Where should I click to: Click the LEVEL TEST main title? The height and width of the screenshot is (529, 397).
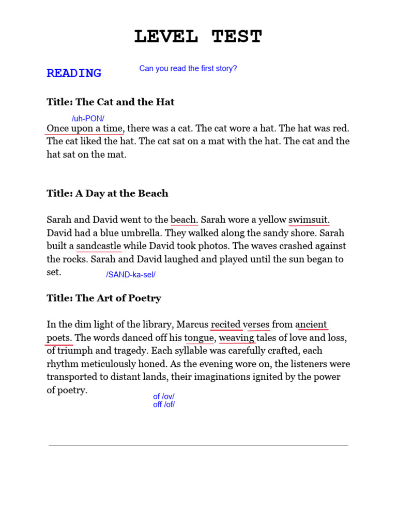click(198, 37)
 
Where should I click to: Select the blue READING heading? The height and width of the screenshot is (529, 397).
click(74, 73)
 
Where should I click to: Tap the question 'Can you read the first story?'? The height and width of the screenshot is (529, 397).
click(188, 68)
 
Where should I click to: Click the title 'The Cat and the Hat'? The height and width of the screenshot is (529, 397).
click(110, 102)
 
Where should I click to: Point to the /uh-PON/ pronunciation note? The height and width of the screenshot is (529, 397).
click(88, 118)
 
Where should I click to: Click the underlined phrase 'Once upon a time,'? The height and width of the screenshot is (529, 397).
click(85, 128)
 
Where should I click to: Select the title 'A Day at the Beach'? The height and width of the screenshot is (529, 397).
click(107, 193)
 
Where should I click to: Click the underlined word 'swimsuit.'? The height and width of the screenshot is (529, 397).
click(309, 220)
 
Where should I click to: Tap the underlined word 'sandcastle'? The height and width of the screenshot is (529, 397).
click(99, 246)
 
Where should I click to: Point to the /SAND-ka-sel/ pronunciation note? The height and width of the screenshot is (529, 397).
click(131, 275)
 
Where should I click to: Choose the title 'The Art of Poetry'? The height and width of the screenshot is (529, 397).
click(104, 298)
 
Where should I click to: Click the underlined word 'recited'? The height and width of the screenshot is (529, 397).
click(226, 324)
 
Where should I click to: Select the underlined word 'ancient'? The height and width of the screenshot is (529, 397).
click(311, 324)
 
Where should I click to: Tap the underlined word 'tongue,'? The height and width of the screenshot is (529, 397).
click(200, 338)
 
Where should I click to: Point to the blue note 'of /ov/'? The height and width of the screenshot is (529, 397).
click(163, 396)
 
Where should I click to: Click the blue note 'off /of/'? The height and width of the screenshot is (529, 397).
click(163, 404)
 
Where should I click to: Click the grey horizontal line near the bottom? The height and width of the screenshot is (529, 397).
click(198, 445)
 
